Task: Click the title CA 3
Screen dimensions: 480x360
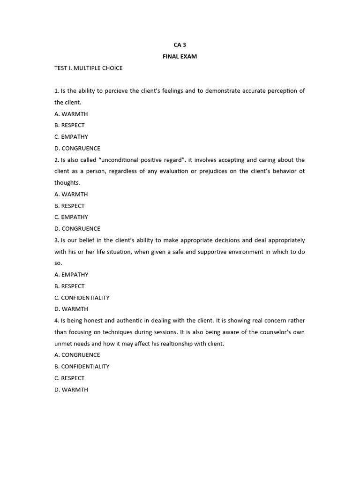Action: (180, 45)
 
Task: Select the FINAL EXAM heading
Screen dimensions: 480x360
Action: (180, 56)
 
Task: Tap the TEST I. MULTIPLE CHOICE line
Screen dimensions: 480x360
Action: (88, 68)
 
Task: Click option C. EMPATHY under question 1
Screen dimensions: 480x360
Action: (71, 137)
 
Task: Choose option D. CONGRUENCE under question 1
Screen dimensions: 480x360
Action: (77, 149)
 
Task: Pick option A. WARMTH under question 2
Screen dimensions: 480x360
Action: (71, 194)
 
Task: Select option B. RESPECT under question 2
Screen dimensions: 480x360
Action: (69, 206)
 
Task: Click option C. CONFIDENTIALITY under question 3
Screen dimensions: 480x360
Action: (82, 298)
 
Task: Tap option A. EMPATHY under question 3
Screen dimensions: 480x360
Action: (71, 275)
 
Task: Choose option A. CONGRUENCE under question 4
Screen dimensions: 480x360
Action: (77, 355)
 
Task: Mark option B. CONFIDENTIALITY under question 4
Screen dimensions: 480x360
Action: (82, 367)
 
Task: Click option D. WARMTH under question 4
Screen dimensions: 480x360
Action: (71, 390)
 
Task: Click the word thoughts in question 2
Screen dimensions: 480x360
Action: (67, 183)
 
